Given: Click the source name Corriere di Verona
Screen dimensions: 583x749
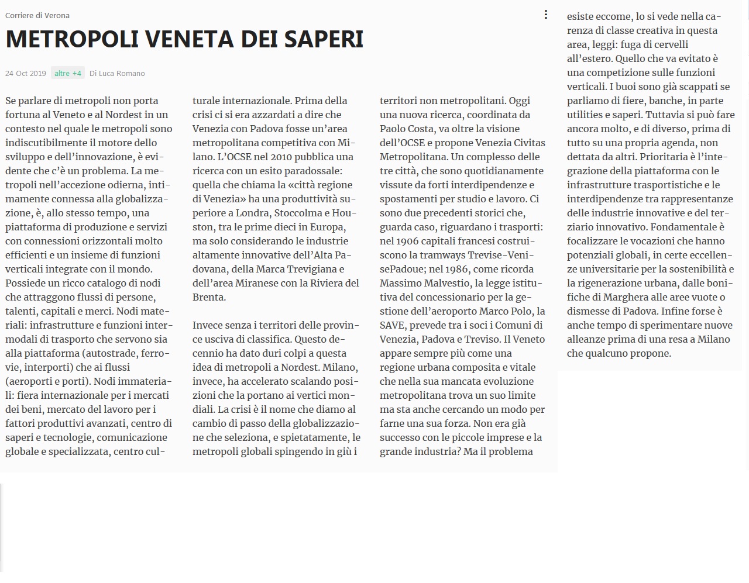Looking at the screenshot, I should tap(37, 15).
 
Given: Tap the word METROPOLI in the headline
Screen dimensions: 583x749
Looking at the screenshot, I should tap(71, 39).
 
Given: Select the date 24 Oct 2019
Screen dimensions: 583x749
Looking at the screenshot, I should tap(25, 73).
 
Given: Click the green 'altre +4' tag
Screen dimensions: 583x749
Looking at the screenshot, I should tap(68, 73).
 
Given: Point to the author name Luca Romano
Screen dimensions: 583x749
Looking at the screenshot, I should tap(122, 73).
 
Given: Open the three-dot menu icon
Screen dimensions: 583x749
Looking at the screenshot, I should tap(546, 15).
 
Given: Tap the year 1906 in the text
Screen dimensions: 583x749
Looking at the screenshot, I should tap(408, 241).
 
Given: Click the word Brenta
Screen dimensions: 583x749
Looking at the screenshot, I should tap(208, 297).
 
